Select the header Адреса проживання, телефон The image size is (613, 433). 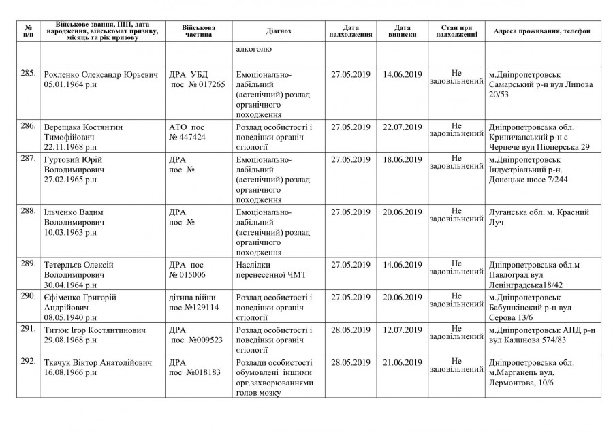[x=542, y=31]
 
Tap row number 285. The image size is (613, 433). [x=28, y=71]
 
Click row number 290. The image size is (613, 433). [x=28, y=297]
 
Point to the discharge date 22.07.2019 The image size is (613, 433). [x=403, y=127]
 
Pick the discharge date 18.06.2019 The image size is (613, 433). [x=403, y=159]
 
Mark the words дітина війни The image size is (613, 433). [x=193, y=298]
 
